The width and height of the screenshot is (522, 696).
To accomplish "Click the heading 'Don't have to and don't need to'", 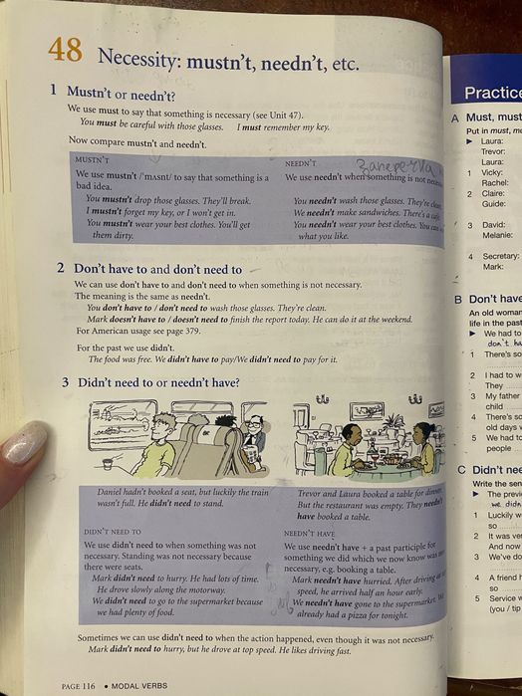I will point(157,268).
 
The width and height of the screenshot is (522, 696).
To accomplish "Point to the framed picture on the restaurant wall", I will point(366,410).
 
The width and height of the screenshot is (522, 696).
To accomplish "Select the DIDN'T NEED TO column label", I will point(112,532).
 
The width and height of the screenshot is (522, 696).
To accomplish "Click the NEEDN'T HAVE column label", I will point(312,533).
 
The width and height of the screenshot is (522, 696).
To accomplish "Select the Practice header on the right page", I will point(492,93).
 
